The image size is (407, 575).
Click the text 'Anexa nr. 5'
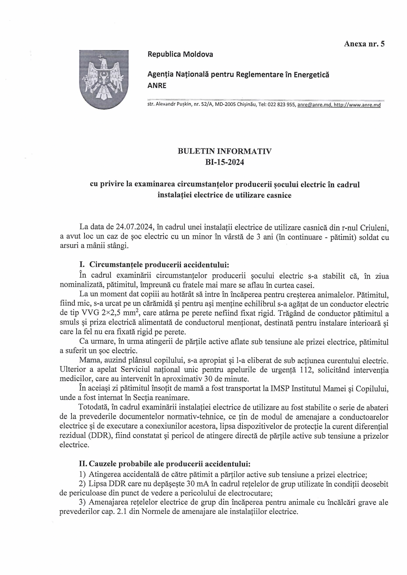coord(364,44)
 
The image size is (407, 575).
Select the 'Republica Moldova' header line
coord(180,54)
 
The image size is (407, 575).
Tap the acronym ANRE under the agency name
coord(157,85)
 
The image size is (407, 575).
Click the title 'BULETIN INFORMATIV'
coord(225,151)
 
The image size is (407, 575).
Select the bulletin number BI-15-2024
coord(225,162)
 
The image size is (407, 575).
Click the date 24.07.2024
coord(134,227)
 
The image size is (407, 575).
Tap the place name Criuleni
coord(374,227)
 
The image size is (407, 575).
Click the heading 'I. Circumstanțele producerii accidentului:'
coord(154,265)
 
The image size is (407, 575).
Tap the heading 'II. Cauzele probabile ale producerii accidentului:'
coord(165,464)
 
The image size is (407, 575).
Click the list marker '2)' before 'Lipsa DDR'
coord(82,484)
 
